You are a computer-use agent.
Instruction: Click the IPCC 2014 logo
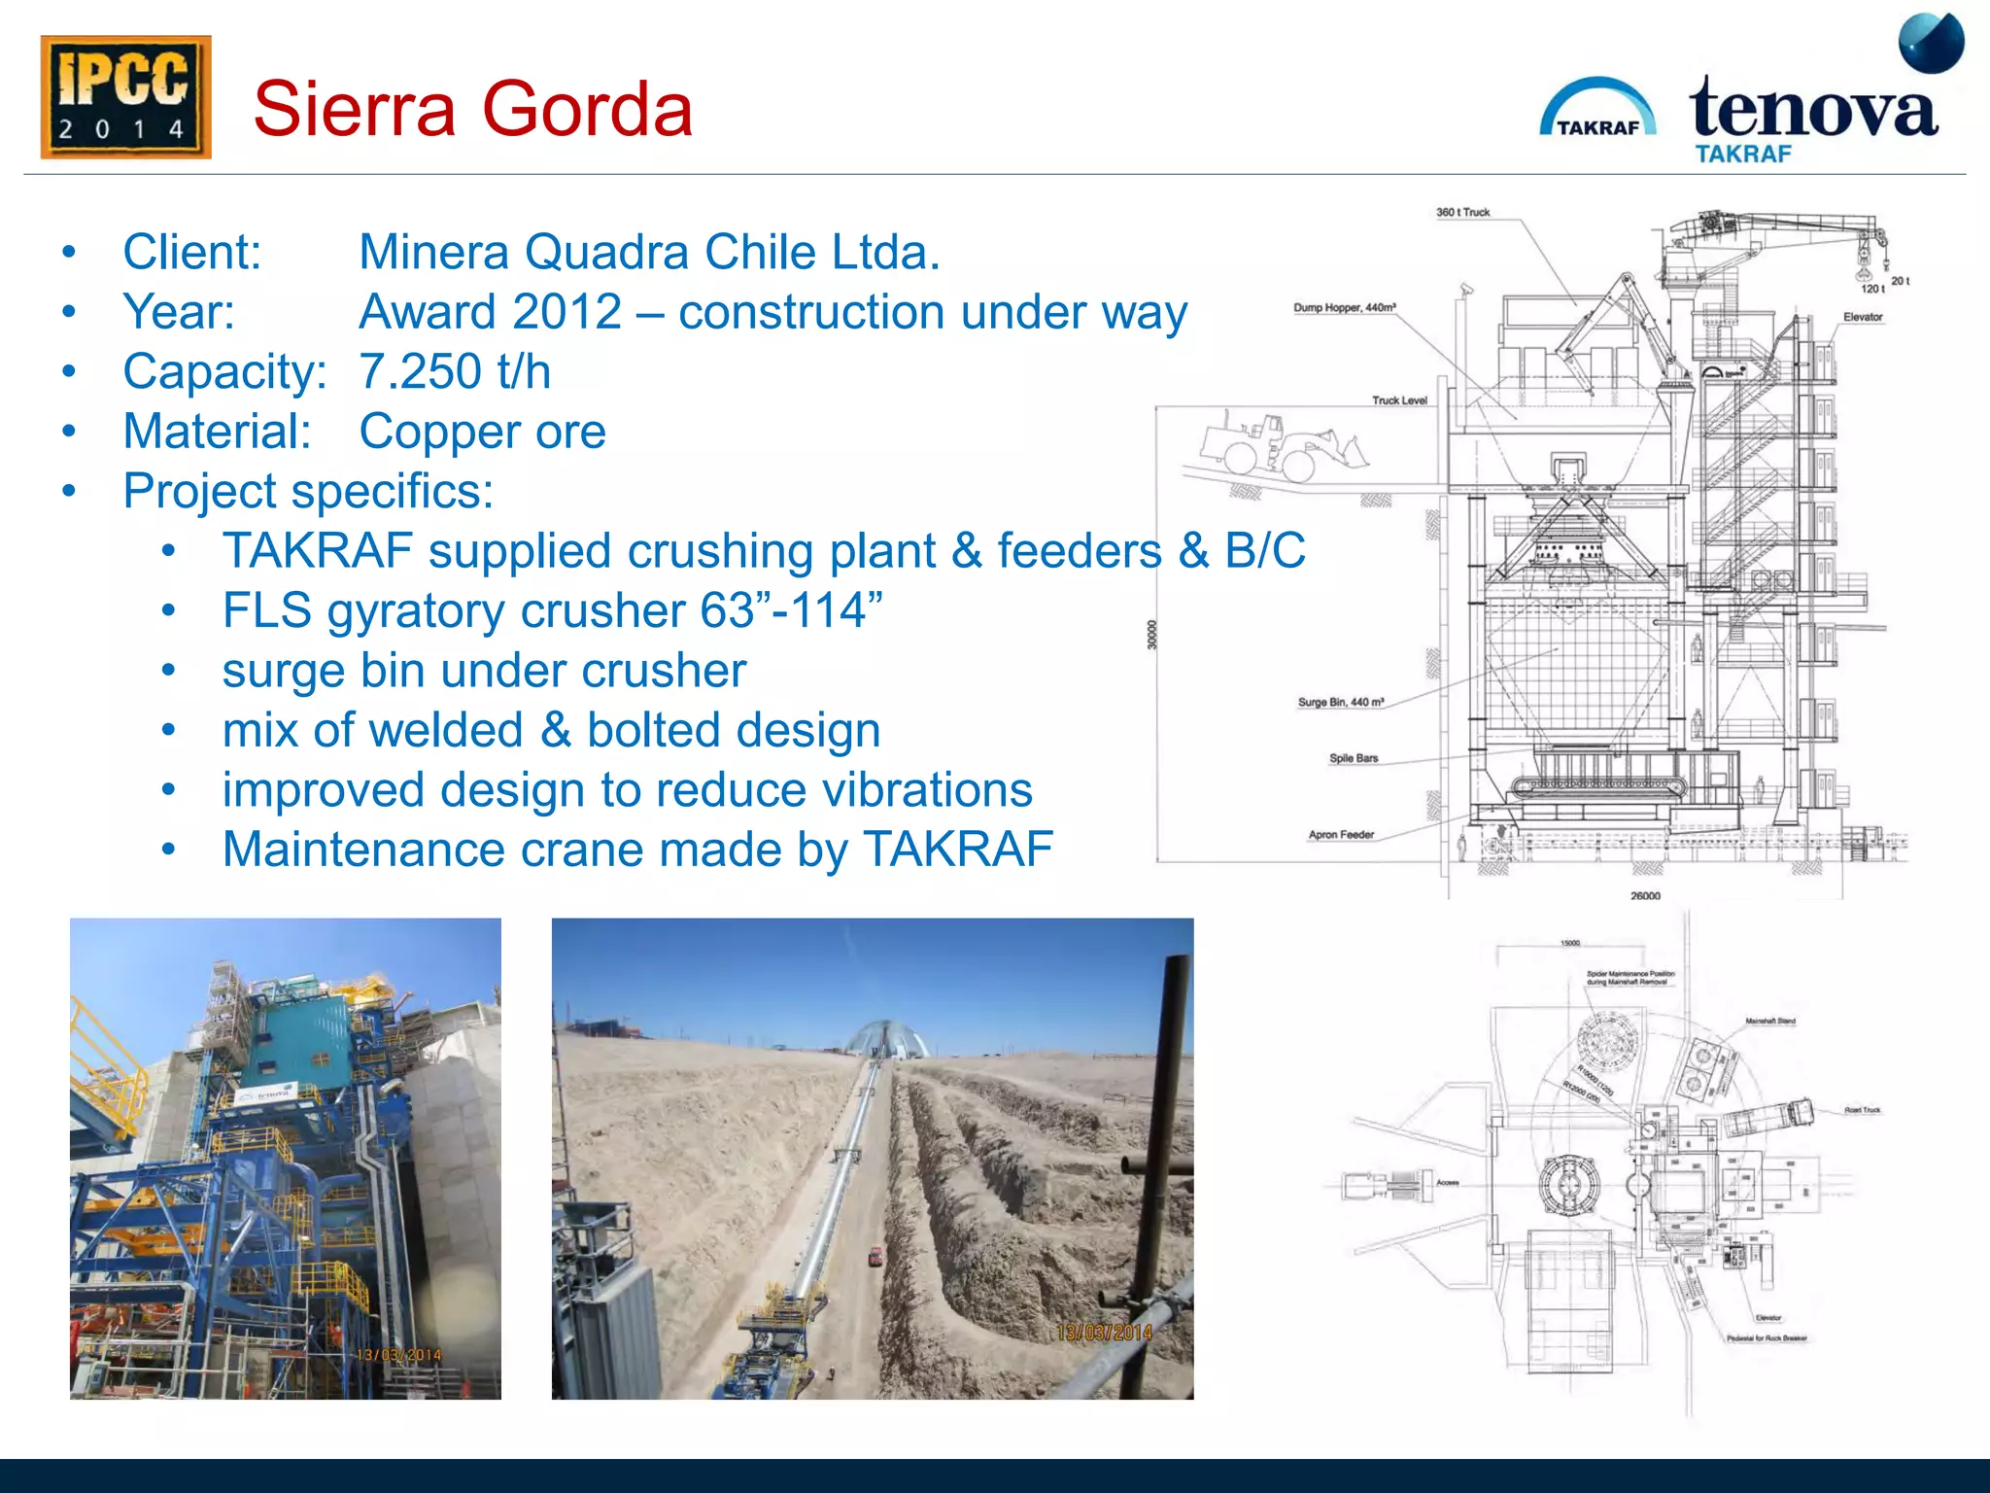[x=125, y=97]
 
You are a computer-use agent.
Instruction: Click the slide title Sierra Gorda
[x=473, y=109]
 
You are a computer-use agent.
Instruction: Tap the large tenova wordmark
[x=1813, y=109]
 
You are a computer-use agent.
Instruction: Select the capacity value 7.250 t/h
[x=455, y=371]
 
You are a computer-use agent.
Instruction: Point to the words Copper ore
[x=482, y=432]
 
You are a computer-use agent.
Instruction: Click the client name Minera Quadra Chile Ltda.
[x=649, y=253]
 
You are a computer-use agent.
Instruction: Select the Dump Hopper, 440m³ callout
[x=1344, y=307]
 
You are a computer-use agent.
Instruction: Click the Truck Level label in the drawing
[x=1399, y=400]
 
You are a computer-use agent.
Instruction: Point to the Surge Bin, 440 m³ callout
[x=1340, y=702]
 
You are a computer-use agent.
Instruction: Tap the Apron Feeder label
[x=1341, y=835]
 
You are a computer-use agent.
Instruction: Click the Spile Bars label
[x=1354, y=758]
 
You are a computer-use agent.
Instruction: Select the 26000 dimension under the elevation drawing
[x=1645, y=896]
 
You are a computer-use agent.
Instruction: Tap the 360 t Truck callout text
[x=1462, y=212]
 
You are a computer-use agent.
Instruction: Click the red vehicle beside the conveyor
[x=875, y=1257]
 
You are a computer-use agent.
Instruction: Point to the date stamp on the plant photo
[x=398, y=1355]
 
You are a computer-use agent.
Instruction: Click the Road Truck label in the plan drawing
[x=1862, y=1110]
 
